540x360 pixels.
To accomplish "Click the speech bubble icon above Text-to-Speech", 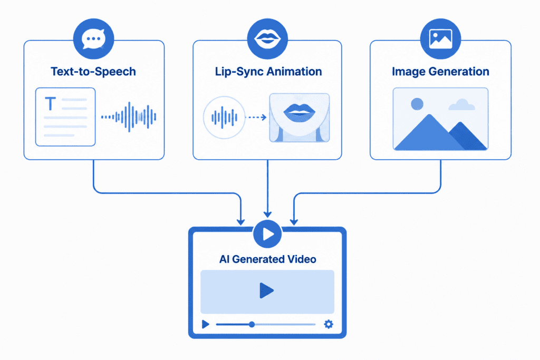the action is [x=93, y=39].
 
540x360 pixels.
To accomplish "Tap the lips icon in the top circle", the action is [x=267, y=38].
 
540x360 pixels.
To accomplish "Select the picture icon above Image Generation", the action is [x=440, y=38].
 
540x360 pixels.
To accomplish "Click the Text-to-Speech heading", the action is [x=93, y=71].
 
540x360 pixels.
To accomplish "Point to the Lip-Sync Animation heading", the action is [x=268, y=71].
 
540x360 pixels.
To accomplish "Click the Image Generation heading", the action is [x=440, y=71].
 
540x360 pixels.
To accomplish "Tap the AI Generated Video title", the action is [x=267, y=259].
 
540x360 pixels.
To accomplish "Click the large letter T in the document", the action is [x=51, y=104].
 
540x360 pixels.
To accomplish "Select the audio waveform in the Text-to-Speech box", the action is [x=129, y=117].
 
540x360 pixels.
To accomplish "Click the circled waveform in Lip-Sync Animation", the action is [x=224, y=118].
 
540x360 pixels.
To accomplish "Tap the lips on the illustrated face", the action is [x=299, y=112].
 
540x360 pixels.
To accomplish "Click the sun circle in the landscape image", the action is [x=417, y=104].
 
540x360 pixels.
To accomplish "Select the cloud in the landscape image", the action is [x=461, y=105].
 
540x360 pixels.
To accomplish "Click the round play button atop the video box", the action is [x=267, y=234].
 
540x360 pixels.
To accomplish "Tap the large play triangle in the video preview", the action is [x=266, y=290].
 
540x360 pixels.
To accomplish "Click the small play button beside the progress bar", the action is [x=206, y=324].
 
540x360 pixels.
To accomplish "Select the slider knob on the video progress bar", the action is [x=252, y=324].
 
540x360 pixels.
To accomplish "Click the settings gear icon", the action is [x=329, y=324].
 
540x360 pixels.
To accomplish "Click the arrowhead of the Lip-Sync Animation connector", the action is [x=267, y=215].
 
